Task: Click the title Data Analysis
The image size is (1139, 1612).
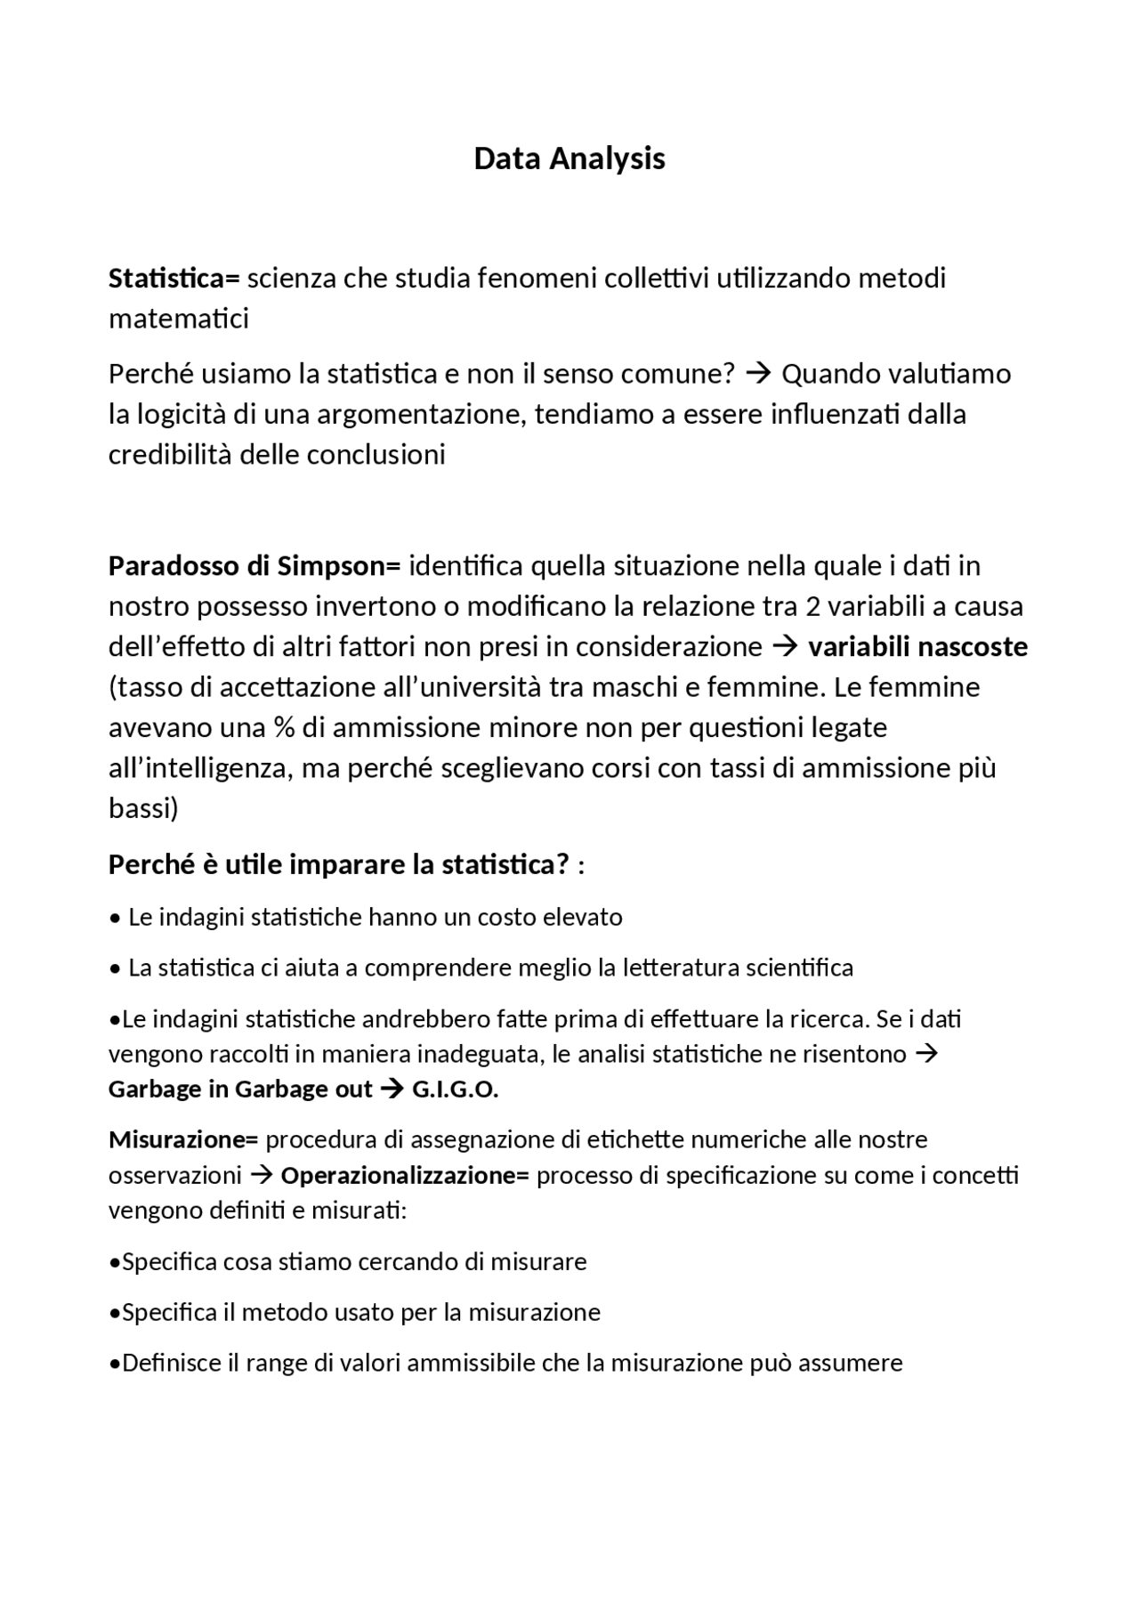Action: pyautogui.click(x=569, y=158)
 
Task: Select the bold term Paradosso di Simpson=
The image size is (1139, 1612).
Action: pyautogui.click(x=254, y=566)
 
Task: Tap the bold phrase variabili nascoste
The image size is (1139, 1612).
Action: pyautogui.click(x=917, y=647)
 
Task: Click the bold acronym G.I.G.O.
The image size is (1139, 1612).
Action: pyautogui.click(x=455, y=1090)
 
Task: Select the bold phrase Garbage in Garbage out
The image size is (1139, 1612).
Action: pyautogui.click(x=240, y=1090)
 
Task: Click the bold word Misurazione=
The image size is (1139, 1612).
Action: pyautogui.click(x=182, y=1139)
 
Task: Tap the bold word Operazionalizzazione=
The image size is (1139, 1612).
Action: pyautogui.click(x=405, y=1176)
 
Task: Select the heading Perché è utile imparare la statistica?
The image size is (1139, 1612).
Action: pyautogui.click(x=338, y=865)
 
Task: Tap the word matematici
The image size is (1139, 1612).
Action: pyautogui.click(x=178, y=319)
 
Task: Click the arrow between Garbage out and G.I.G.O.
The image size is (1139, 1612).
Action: pyautogui.click(x=392, y=1090)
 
